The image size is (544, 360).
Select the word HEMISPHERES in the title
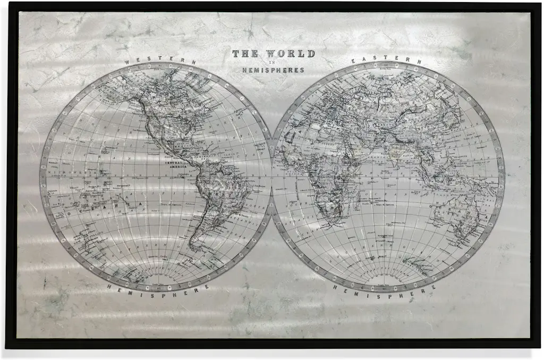273,70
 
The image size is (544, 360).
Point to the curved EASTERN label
387,60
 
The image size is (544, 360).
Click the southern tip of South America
194,247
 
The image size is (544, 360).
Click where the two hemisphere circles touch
272,176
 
